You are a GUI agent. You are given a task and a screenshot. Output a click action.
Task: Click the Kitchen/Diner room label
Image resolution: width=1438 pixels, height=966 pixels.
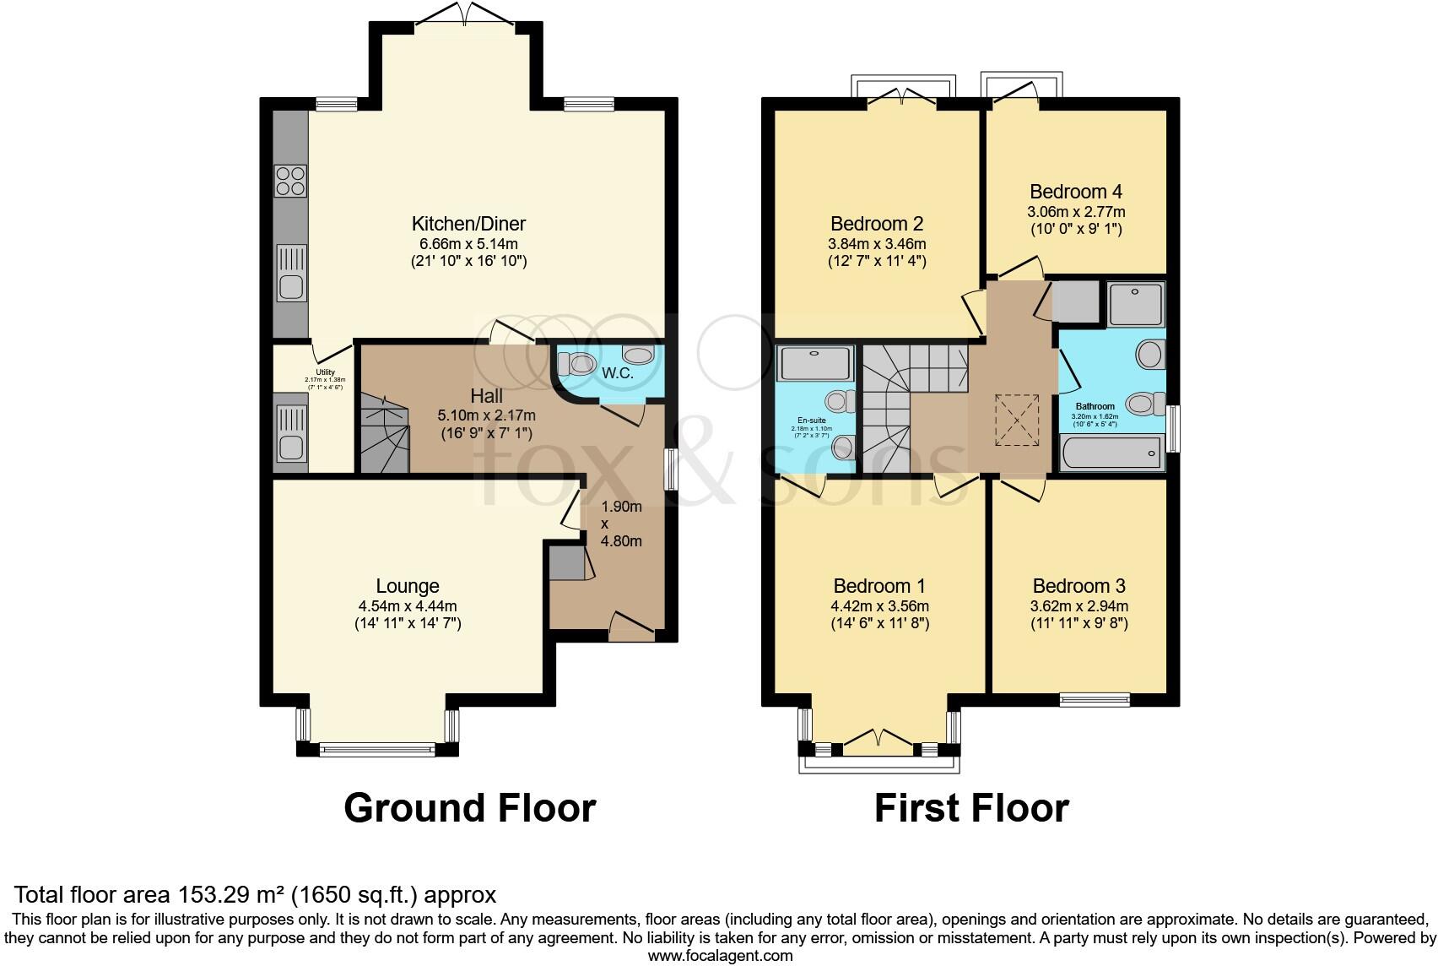[x=468, y=224]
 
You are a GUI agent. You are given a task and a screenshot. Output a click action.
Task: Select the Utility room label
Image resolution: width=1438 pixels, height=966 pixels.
[x=325, y=372]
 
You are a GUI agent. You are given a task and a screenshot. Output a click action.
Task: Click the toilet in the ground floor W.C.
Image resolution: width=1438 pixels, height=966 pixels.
[x=579, y=365]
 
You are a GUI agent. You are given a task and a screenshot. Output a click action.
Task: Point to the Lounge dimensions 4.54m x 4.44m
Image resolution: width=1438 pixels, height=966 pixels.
[x=408, y=606]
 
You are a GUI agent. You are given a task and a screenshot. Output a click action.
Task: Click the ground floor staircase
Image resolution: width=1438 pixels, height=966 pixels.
[x=383, y=434]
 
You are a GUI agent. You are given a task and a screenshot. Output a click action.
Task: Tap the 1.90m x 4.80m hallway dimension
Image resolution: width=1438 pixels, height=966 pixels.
[x=621, y=524]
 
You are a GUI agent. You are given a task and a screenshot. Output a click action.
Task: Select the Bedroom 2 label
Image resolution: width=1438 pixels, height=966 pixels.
[x=877, y=224]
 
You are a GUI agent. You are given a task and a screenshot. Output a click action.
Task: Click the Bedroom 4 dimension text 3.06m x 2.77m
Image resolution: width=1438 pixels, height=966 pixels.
[x=1076, y=211]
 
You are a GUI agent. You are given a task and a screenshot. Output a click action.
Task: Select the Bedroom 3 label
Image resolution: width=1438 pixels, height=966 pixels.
[x=1078, y=586]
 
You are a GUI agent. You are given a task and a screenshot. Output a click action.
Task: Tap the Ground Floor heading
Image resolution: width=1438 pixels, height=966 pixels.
[x=469, y=808]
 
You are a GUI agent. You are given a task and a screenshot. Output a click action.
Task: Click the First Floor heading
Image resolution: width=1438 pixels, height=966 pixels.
[x=971, y=808]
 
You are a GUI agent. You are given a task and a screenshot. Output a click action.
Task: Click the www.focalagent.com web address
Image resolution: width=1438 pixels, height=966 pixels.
[x=719, y=957]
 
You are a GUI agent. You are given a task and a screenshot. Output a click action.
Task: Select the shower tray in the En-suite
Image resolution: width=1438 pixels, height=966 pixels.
[x=815, y=363]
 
